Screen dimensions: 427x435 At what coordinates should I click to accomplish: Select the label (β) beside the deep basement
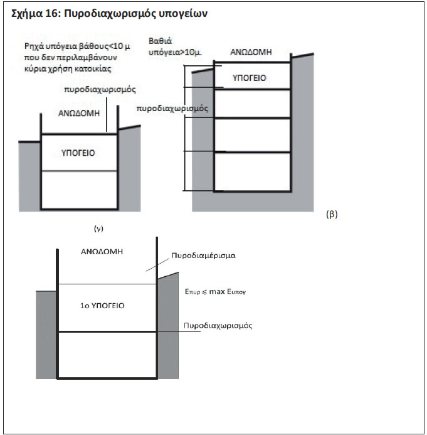click(332, 215)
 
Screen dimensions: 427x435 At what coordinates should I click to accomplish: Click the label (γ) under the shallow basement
click(98, 228)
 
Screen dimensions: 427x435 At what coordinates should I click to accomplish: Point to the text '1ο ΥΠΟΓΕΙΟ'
click(102, 306)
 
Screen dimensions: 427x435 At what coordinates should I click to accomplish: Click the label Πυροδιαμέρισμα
click(204, 255)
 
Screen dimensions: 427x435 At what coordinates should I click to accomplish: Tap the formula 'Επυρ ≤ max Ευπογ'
click(215, 292)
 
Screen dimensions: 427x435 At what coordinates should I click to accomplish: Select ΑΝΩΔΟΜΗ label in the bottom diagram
click(102, 252)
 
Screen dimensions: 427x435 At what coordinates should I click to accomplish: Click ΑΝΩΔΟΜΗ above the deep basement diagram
click(251, 52)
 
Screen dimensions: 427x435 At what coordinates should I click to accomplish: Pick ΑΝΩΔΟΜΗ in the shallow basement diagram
click(79, 113)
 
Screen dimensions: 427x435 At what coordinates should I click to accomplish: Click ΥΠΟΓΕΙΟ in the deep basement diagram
click(250, 78)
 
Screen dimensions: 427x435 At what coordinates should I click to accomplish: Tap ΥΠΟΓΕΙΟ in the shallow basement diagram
click(78, 153)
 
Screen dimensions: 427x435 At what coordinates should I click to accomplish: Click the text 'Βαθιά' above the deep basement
click(160, 41)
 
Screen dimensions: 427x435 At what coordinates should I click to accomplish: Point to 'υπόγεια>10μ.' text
click(175, 52)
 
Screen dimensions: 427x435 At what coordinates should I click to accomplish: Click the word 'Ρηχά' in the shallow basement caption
click(34, 46)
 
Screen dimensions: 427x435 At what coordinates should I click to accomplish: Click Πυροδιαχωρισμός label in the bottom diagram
click(218, 325)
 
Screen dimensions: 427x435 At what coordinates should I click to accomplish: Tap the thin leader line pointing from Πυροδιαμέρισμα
click(157, 265)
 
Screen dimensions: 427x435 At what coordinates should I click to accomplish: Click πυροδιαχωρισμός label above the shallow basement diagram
click(100, 90)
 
